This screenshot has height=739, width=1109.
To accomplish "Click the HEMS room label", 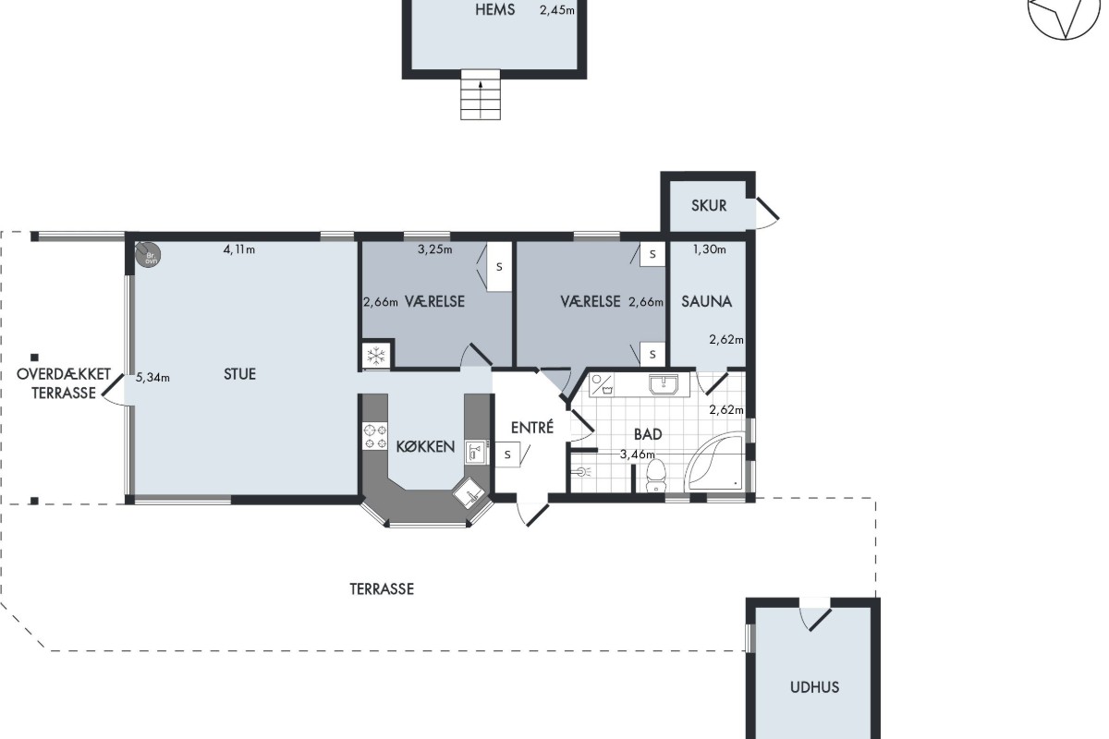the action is coord(494,10).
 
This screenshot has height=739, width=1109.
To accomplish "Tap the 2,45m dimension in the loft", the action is coord(557,10).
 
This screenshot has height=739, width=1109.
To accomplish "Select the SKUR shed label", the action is coord(709,205).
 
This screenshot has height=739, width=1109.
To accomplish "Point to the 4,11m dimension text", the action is coord(239,249).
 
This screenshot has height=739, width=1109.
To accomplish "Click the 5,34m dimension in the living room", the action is coord(152,378).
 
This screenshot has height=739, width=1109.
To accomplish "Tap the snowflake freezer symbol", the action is coord(376,356).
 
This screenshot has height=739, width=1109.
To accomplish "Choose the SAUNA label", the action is coord(706,301).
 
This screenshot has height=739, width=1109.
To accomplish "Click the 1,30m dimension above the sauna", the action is coord(710,249).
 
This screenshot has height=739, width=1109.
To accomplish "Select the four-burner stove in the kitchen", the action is coord(375,437).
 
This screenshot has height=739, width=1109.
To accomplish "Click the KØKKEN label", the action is coord(425,446).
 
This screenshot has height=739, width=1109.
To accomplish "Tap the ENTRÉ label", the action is coord(532,427).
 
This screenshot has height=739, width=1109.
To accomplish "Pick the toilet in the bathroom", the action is coord(656,476).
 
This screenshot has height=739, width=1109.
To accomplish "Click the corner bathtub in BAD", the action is coord(714,461).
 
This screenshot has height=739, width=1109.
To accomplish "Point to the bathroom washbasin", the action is coord(664,384).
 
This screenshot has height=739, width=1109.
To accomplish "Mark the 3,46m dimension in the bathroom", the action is coord(637,454).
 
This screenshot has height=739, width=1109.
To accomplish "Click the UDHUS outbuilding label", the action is coord(814,687).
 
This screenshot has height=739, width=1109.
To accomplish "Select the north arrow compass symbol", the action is coord(1064,15).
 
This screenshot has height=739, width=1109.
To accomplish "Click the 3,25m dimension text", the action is coord(434,249).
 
